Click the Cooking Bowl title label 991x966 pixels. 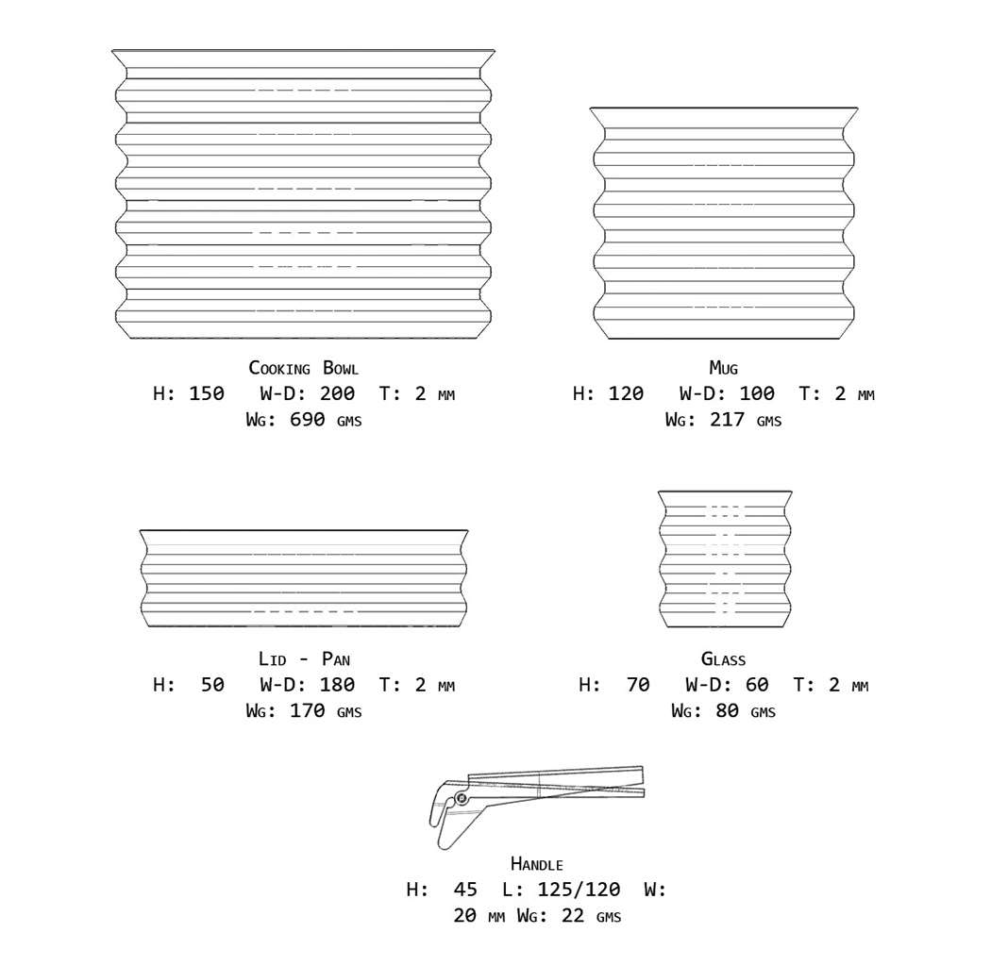point(303,368)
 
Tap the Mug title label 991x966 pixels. point(723,368)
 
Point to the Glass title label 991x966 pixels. point(723,658)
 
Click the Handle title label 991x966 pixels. point(536,864)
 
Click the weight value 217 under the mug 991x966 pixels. point(727,420)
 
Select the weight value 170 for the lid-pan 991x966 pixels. point(308,710)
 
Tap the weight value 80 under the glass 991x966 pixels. point(727,710)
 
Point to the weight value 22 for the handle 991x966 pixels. point(574,915)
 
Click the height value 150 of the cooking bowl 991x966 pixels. point(207,393)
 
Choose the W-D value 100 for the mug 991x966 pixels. point(757,393)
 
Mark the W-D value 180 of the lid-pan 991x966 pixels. point(338,684)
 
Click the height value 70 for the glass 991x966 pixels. point(638,684)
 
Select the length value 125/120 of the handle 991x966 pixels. point(579,889)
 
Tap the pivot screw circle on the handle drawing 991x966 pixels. point(461,799)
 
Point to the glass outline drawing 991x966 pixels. point(725,558)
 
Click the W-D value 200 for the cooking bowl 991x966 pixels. point(338,393)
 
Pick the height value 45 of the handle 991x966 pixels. point(465,889)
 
